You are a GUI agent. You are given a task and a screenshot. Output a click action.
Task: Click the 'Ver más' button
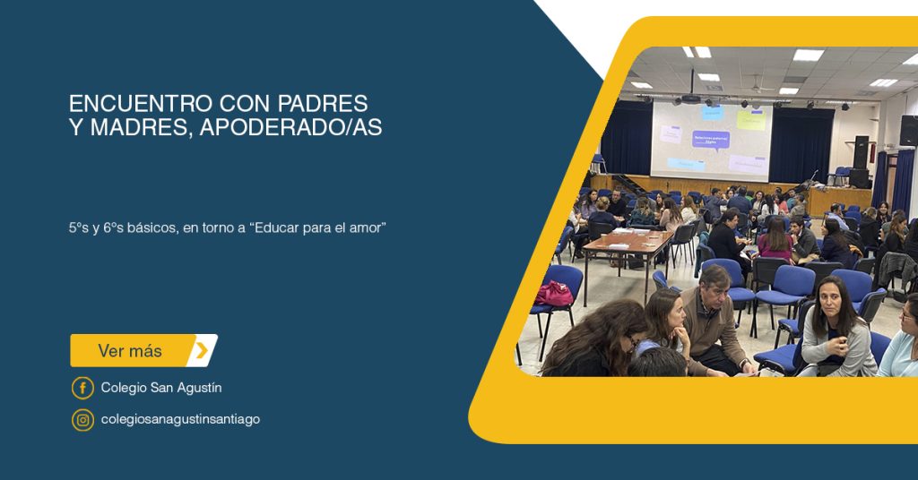click(x=143, y=350)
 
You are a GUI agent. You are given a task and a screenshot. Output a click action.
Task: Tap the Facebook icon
click(x=82, y=388)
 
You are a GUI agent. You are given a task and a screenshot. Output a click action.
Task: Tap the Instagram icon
click(x=82, y=420)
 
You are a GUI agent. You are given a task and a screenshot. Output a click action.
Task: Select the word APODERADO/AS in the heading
click(x=290, y=127)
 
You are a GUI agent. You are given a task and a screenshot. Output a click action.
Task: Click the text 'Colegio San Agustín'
click(x=161, y=388)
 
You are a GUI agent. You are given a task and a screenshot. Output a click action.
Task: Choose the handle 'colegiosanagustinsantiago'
click(x=180, y=420)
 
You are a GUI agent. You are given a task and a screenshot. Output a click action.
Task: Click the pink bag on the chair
click(x=553, y=294)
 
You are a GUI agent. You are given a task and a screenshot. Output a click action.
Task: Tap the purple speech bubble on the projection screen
click(x=711, y=140)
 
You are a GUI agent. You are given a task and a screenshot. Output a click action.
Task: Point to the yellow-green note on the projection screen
click(x=750, y=120)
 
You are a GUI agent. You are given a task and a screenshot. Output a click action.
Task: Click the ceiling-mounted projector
click(x=691, y=99)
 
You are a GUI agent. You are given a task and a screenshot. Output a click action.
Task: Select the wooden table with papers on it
click(x=627, y=243)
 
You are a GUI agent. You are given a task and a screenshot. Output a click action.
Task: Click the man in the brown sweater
click(x=713, y=322)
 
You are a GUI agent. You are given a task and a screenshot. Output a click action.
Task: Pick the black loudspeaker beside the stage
click(x=861, y=152)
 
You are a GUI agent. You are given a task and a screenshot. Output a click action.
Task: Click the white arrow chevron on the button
click(x=202, y=350)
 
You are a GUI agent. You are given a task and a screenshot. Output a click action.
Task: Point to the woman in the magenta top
click(x=775, y=240)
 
